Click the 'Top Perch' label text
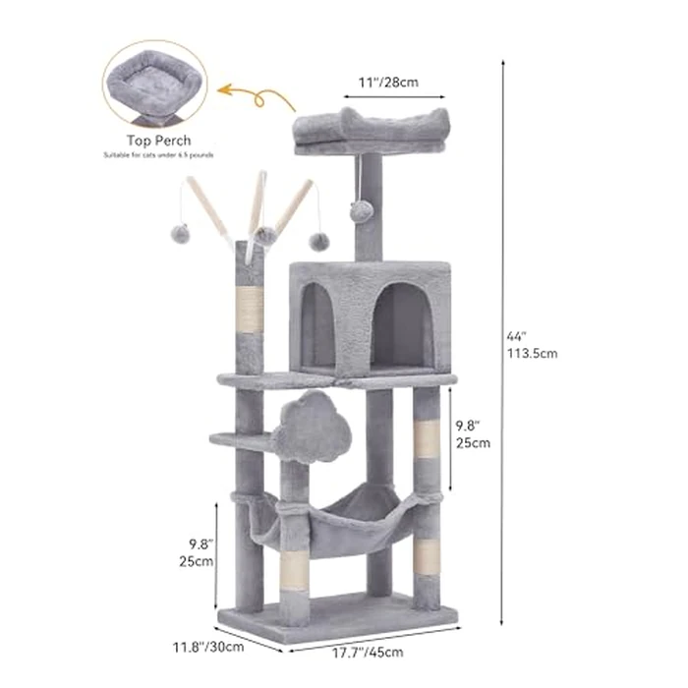click(x=158, y=142)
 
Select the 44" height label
click(x=518, y=336)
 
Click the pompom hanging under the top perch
click(x=362, y=210)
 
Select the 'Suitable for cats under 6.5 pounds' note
click(x=158, y=155)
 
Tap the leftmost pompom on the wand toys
click(x=180, y=233)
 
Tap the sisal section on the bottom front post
click(x=294, y=570)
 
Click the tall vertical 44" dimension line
click(x=503, y=343)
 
